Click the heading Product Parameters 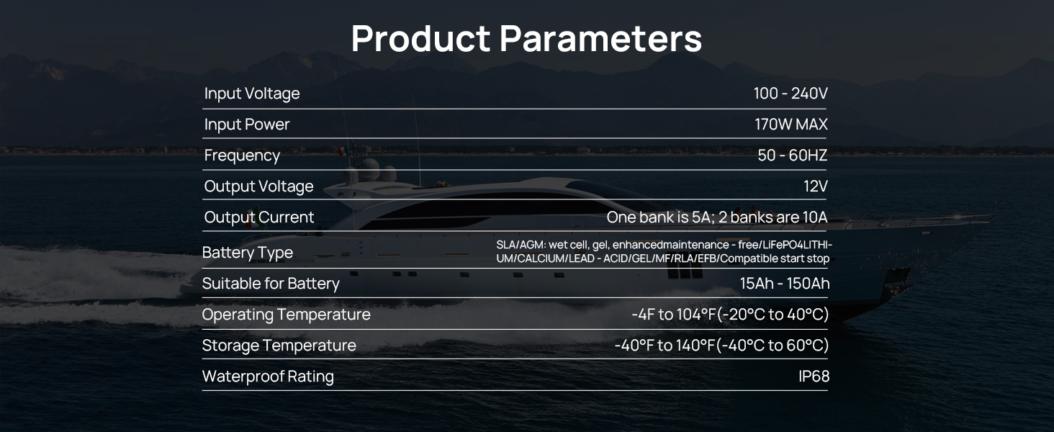coord(526,37)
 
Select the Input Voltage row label coord(252,94)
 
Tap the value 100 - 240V coord(790,93)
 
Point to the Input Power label coord(247,125)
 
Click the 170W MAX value coord(791,125)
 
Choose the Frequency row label coord(242,156)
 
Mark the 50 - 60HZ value coord(793,156)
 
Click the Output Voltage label coord(258,186)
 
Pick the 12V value coord(816,186)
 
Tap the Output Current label coord(258,217)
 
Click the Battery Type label coord(248,253)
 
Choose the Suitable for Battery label coord(271,283)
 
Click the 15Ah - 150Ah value coord(785,283)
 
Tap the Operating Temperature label coord(286,315)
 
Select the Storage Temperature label coord(279,346)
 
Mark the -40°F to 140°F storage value coord(665,346)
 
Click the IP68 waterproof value coord(814,377)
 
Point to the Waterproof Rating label coord(269,377)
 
